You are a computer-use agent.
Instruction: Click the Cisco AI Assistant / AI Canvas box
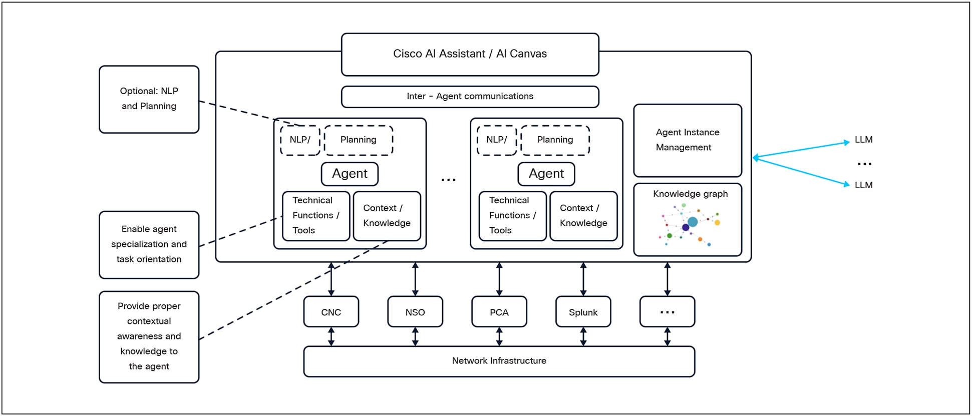(470, 54)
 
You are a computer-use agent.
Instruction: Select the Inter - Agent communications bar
(470, 96)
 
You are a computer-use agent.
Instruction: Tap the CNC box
(331, 312)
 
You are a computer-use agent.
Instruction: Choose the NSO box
(415, 312)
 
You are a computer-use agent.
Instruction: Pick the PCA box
(499, 312)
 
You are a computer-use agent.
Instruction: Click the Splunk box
(583, 312)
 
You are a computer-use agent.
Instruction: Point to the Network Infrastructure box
(499, 361)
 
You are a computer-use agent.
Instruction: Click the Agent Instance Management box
(687, 140)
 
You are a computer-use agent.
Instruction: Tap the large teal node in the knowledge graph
(693, 222)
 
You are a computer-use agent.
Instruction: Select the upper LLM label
(863, 140)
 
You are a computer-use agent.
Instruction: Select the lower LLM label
(863, 185)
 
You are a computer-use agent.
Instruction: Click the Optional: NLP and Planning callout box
(149, 99)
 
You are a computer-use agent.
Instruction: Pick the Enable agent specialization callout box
(149, 244)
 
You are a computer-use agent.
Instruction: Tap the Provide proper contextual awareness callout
(149, 336)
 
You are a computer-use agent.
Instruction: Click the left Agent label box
(350, 174)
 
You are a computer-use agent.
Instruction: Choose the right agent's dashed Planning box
(555, 140)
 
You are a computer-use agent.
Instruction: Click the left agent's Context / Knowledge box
(387, 216)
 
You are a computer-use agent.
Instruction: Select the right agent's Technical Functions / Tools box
(512, 216)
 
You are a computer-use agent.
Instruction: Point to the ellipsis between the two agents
(448, 180)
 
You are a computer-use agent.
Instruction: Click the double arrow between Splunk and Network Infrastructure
(583, 336)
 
